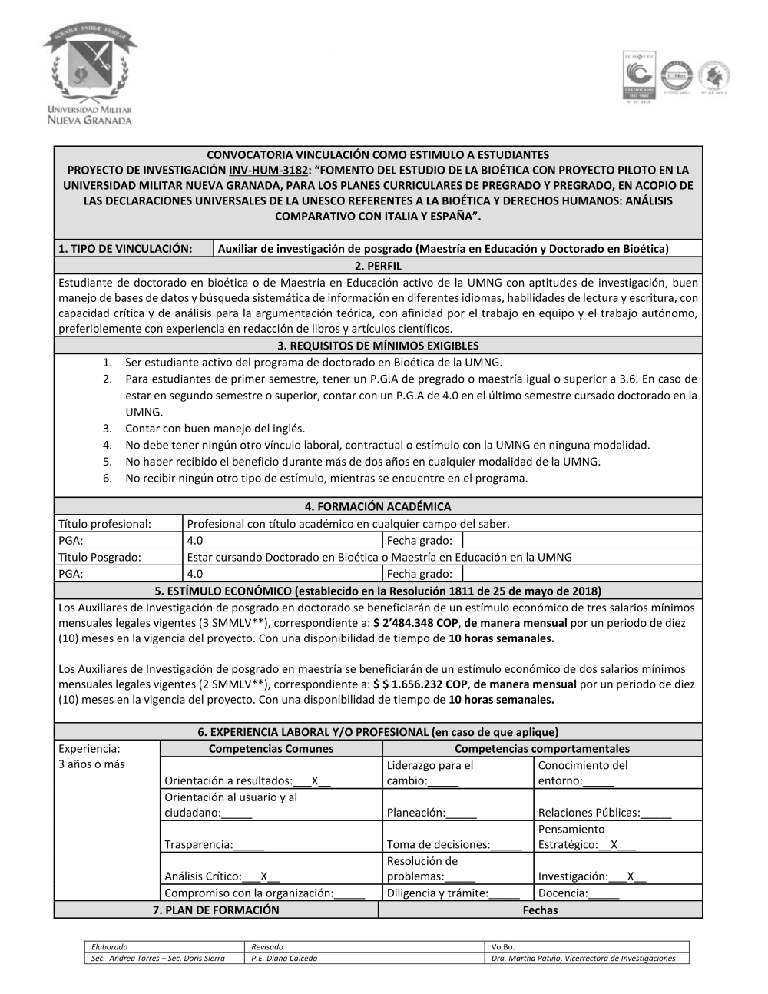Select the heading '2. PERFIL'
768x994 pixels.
[378, 266]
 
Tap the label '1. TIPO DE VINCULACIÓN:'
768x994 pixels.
[124, 248]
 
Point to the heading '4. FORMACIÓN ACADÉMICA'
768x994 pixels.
[378, 506]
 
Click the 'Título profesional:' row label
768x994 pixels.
[104, 524]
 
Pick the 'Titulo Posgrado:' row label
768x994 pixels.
[100, 557]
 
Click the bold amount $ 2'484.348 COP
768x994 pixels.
[415, 623]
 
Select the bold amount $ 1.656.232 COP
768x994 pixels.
[420, 684]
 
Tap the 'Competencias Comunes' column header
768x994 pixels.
[271, 748]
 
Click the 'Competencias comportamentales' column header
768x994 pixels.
[541, 748]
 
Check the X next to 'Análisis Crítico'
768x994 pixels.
[264, 876]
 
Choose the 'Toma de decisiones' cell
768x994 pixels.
[453, 844]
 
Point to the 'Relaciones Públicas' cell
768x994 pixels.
[604, 812]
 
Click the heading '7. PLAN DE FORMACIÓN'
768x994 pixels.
[216, 910]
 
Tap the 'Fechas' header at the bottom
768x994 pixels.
[540, 910]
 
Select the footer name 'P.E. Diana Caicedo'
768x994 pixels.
[284, 958]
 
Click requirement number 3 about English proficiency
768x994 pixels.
[215, 428]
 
